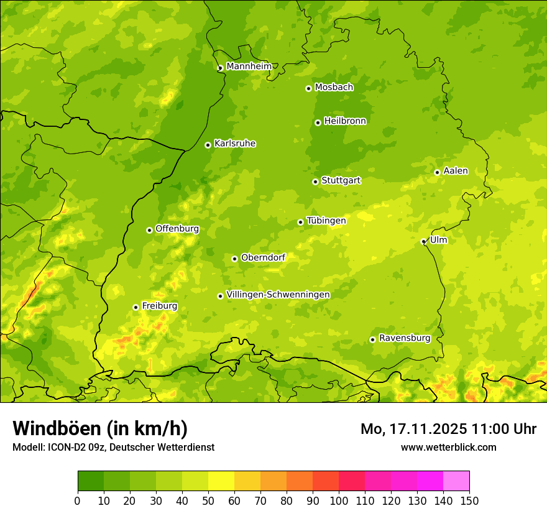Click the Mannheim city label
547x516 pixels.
(249, 67)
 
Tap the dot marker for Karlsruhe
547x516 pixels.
(208, 145)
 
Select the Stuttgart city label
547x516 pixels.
(341, 181)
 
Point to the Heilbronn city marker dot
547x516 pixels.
(318, 122)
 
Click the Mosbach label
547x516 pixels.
(334, 88)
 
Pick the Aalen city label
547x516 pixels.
(456, 171)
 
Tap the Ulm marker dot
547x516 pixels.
(423, 241)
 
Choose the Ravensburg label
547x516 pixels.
(405, 338)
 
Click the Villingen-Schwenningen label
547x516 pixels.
(278, 295)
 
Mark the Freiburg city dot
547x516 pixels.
(136, 307)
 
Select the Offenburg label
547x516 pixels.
(177, 229)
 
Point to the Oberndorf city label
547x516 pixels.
(263, 257)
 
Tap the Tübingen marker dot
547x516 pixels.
(300, 222)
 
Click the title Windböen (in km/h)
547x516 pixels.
(100, 428)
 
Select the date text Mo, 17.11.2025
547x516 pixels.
(411, 429)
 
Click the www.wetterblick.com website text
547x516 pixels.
(448, 447)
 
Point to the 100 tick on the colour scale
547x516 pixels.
(339, 500)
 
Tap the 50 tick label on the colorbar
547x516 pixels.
(208, 500)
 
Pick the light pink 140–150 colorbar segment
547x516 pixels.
(456, 481)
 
